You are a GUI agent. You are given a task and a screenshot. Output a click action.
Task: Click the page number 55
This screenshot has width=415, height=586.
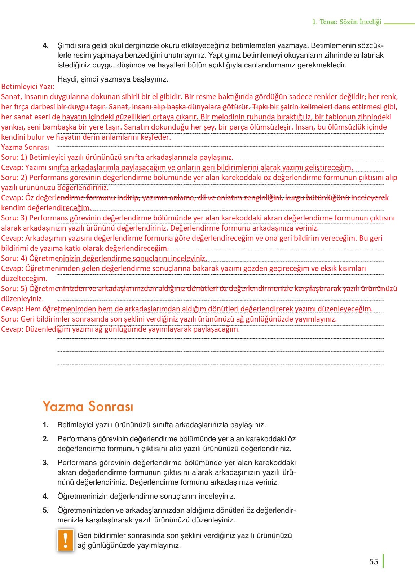(373, 561)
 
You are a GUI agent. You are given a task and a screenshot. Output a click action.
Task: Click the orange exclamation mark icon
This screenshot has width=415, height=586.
(65, 540)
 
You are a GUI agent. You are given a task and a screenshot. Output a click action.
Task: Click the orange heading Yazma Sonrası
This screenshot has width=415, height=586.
(88, 406)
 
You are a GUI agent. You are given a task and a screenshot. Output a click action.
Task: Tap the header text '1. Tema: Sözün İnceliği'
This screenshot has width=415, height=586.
(346, 22)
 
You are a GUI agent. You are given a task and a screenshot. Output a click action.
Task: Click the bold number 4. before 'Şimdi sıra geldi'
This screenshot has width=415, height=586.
(45, 46)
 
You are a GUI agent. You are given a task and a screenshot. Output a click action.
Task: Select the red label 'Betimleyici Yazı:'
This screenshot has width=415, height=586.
(28, 87)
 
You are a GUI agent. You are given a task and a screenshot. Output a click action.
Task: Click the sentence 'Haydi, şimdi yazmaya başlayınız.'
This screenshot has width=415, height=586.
(112, 79)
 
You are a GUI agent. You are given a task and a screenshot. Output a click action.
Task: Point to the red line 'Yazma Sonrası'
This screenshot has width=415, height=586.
(25, 147)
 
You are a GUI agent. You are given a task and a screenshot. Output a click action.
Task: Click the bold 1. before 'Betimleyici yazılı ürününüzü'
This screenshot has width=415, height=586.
(45, 425)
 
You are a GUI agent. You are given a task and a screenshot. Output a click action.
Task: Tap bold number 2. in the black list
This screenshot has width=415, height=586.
(45, 439)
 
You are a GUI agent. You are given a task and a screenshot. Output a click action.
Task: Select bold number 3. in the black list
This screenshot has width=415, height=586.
(45, 463)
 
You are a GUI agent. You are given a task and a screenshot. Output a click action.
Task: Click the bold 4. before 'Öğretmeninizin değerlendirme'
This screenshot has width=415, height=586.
(45, 496)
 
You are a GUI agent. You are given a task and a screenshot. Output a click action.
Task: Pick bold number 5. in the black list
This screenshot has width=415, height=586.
(45, 510)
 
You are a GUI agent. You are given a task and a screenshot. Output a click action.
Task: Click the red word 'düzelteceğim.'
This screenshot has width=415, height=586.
(24, 279)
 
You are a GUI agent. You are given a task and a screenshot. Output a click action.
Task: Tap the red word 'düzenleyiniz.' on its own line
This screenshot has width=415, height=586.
(22, 299)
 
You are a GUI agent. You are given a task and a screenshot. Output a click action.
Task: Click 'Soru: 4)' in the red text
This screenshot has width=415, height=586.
(14, 258)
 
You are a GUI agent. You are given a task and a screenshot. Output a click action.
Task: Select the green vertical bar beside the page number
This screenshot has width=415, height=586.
(383, 561)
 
